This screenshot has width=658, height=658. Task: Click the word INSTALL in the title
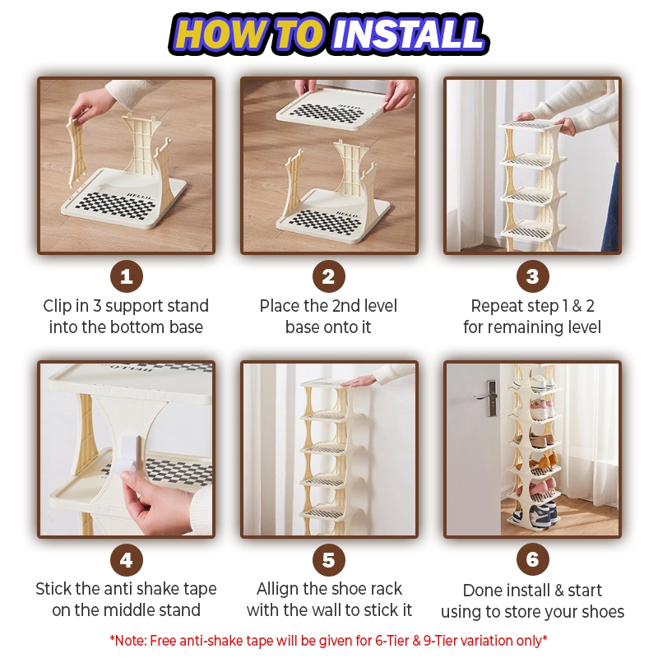(x=408, y=34)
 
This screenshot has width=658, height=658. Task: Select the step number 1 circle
(x=127, y=276)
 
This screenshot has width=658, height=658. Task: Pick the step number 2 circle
(x=329, y=276)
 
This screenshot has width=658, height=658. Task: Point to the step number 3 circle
(x=532, y=276)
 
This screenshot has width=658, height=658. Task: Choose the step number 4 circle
(x=127, y=560)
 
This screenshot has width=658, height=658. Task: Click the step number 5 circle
(x=329, y=560)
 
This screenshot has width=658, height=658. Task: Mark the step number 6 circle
(x=532, y=559)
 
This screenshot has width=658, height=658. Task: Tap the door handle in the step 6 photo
(x=487, y=397)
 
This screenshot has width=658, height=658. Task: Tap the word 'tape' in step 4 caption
(x=200, y=590)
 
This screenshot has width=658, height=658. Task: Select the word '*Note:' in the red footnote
(x=128, y=641)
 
